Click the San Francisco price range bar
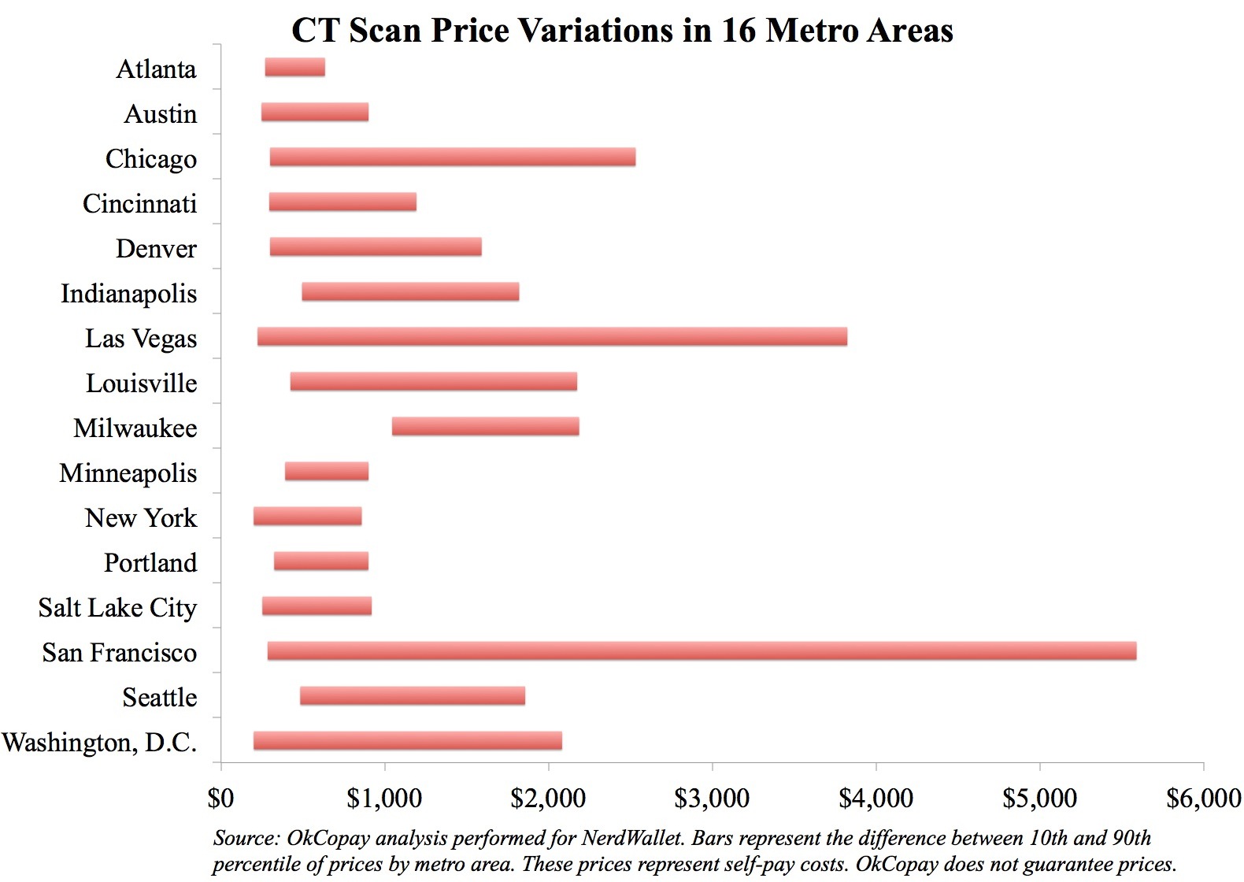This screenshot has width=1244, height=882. coord(702,651)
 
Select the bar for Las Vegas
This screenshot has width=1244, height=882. coord(552,337)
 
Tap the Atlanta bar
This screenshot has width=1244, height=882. coord(294,68)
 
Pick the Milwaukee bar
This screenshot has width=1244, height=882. coord(485,427)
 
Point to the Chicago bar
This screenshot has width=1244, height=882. coord(452,157)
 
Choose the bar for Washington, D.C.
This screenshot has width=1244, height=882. coord(407,741)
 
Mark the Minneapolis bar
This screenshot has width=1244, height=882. coord(326,472)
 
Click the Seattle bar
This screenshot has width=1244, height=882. coord(412,696)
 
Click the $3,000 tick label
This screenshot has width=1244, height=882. coord(712,798)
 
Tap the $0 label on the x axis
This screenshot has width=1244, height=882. coord(220,798)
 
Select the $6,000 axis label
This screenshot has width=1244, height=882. coord(1203,798)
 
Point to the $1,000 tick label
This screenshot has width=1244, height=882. coord(384,798)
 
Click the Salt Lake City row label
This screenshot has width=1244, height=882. coord(117,608)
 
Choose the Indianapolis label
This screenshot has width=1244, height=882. coord(128,294)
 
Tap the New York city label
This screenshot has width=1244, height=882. coord(141,518)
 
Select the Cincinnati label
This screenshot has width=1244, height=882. coord(139,204)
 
